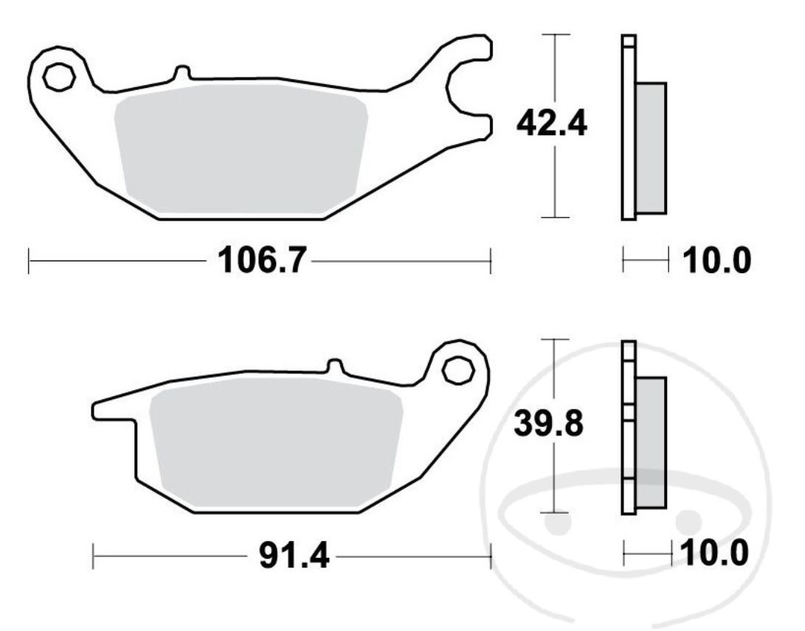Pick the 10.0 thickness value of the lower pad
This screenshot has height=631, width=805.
[x=714, y=552]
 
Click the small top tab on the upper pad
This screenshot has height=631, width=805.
[x=182, y=72]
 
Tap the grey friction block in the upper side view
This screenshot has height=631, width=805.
[x=651, y=148]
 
